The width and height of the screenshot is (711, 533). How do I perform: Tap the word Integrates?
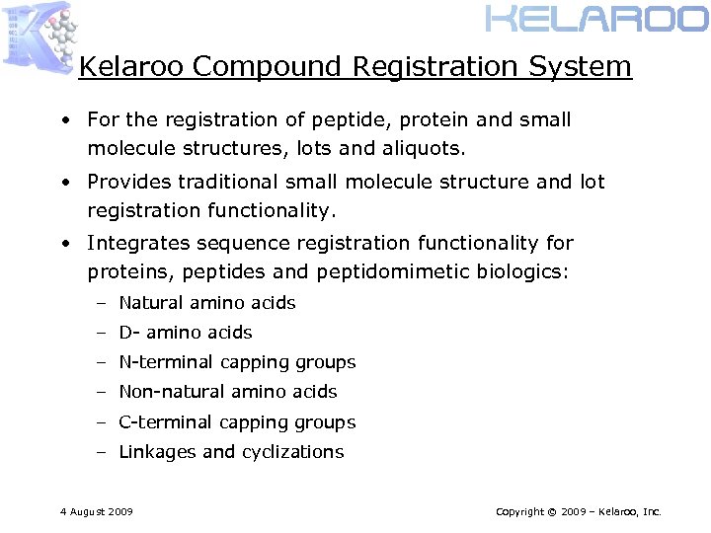[x=133, y=243]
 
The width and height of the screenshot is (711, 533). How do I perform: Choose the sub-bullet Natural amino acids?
[x=207, y=303]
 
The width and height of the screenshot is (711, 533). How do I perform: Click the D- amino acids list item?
[x=186, y=333]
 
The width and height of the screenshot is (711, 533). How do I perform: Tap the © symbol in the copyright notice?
[x=558, y=512]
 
